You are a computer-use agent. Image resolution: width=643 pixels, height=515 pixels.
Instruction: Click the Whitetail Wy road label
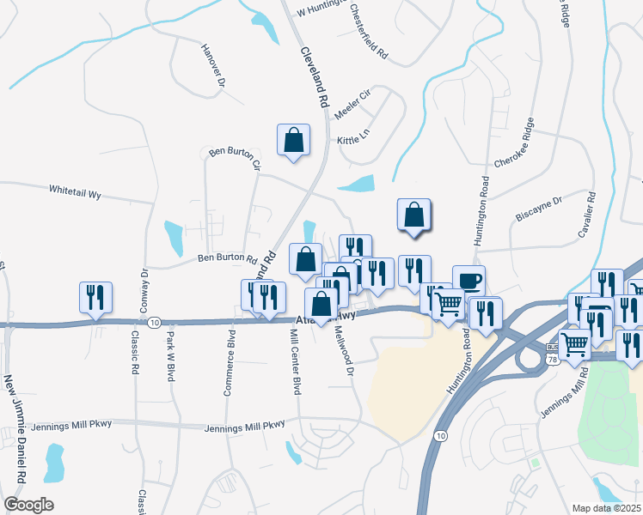point(76,193)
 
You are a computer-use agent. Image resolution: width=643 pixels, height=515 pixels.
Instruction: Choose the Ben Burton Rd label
point(228,258)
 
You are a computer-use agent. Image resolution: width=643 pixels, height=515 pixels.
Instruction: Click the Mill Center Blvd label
point(294,365)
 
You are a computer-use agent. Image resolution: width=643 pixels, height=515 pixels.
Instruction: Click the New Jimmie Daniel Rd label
point(13,424)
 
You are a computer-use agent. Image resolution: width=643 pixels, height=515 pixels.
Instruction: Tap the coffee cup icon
point(469,281)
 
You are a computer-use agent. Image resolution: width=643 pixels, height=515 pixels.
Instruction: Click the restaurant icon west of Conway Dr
point(95,296)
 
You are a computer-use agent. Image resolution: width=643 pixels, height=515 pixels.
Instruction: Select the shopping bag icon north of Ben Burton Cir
point(293,139)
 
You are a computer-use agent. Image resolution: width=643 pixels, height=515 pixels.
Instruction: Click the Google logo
point(28,505)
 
